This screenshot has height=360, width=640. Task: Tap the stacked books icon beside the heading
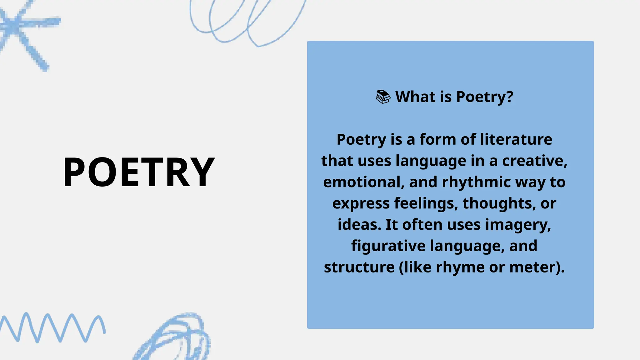pos(383,97)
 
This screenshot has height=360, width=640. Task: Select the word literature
pos(516,139)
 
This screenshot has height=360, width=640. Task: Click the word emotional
pos(362,182)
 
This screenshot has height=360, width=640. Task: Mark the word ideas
pos(359,225)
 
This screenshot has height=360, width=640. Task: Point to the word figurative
pos(388,246)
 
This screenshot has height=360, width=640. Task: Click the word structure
pos(359,267)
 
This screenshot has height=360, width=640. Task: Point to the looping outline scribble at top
pos(247,22)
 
